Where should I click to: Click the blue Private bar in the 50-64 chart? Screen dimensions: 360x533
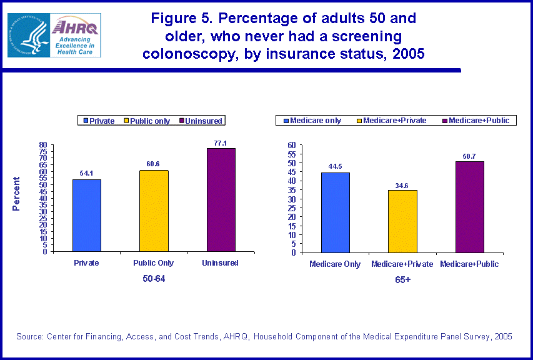pyautogui.click(x=87, y=215)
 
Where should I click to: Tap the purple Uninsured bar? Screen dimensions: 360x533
pyautogui.click(x=221, y=200)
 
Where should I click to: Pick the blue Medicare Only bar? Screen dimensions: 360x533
pyautogui.click(x=336, y=212)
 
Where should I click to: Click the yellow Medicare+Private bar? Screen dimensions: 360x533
pyautogui.click(x=402, y=221)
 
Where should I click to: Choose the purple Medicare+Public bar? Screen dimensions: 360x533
pyautogui.click(x=469, y=207)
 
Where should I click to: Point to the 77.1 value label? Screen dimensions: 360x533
pyautogui.click(x=221, y=143)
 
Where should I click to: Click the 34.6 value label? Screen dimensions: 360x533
pyautogui.click(x=402, y=185)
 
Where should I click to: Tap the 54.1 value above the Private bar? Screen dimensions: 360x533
pyautogui.click(x=87, y=174)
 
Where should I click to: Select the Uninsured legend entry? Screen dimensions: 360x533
pyautogui.click(x=204, y=121)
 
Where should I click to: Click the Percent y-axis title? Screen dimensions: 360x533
pyautogui.click(x=17, y=194)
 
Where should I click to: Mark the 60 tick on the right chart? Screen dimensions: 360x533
pyautogui.click(x=291, y=145)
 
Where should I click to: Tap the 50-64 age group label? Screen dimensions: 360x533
pyautogui.click(x=154, y=278)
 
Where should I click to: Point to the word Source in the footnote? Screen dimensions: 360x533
pyautogui.click(x=29, y=337)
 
